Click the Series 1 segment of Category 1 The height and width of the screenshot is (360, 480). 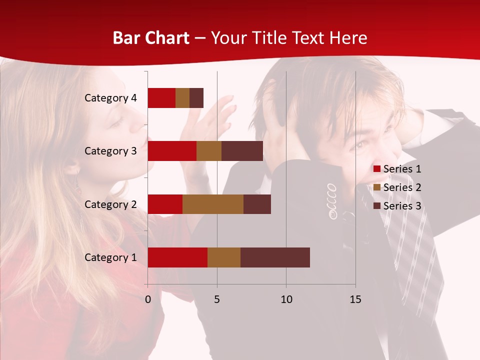pyautogui.click(x=177, y=257)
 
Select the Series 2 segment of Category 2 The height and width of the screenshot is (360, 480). pyautogui.click(x=213, y=204)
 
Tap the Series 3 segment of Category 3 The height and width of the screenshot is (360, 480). pyautogui.click(x=242, y=151)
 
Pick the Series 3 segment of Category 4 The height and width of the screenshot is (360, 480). pyautogui.click(x=196, y=98)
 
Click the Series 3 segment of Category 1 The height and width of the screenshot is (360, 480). pyautogui.click(x=275, y=257)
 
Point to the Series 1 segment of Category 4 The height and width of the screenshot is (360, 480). pyautogui.click(x=161, y=98)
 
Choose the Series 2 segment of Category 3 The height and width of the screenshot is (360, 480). pyautogui.click(x=209, y=151)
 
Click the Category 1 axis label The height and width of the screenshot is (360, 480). pyautogui.click(x=110, y=257)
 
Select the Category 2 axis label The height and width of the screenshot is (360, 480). pyautogui.click(x=110, y=204)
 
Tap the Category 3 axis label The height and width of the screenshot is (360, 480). pyautogui.click(x=110, y=151)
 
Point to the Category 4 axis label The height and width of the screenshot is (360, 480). pyautogui.click(x=110, y=98)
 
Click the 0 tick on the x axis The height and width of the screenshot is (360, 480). pyautogui.click(x=148, y=299)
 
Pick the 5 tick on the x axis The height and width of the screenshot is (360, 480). pyautogui.click(x=217, y=299)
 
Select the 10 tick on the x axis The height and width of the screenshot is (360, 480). pyautogui.click(x=286, y=299)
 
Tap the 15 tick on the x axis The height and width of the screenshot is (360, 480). pyautogui.click(x=355, y=299)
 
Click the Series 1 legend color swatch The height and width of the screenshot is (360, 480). pyautogui.click(x=377, y=169)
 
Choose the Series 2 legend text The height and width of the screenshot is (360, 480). pyautogui.click(x=402, y=187)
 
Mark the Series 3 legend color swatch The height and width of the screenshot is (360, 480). pyautogui.click(x=377, y=206)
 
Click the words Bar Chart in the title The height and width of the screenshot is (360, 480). pyautogui.click(x=151, y=38)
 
